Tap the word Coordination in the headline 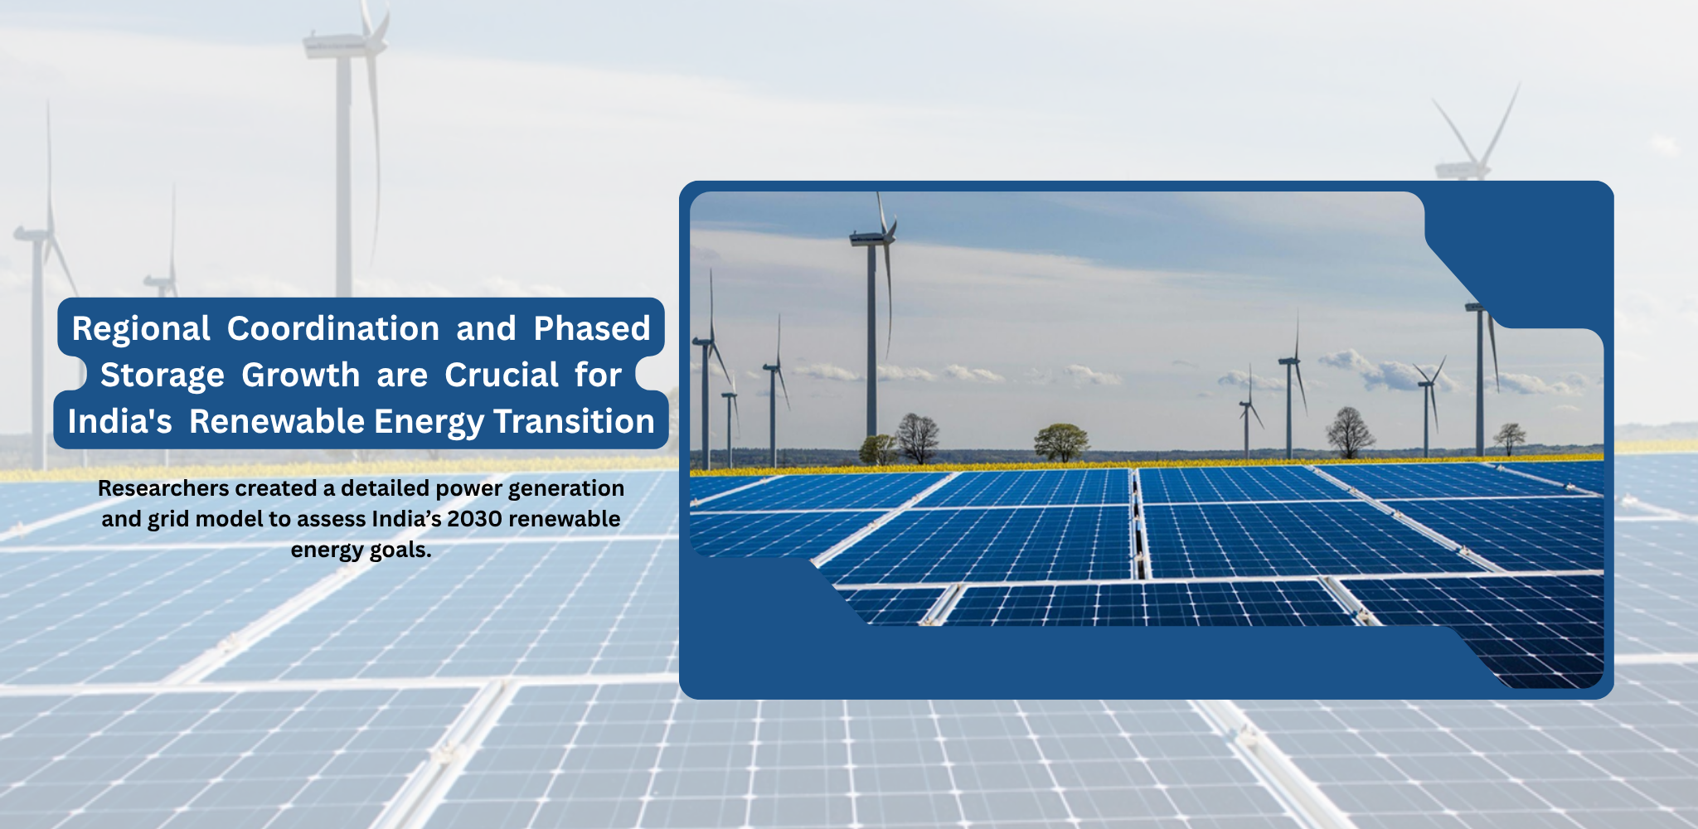333,328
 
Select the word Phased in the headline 592,328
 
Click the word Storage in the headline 163,376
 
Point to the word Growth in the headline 300,375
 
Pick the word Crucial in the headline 502,375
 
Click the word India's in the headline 120,421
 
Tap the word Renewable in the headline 277,421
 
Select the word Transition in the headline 574,421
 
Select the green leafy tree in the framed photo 1061,441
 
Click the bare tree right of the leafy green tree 1351,433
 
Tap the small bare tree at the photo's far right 1509,438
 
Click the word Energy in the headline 429,422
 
